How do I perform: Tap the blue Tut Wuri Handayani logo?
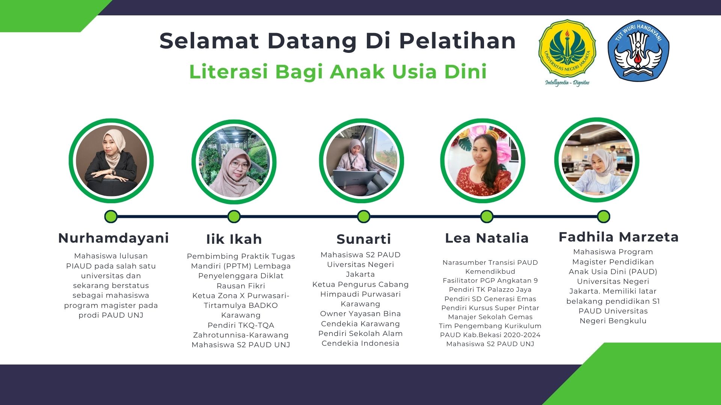(638, 51)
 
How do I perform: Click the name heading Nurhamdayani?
(113, 238)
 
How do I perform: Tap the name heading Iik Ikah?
(234, 239)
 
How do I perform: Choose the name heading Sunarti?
(364, 239)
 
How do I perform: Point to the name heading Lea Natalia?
(487, 238)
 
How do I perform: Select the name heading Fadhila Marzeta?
(618, 237)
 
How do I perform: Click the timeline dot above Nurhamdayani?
(111, 216)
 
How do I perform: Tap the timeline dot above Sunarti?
(364, 216)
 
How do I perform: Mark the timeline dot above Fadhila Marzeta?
(603, 216)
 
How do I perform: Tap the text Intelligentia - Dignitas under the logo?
(567, 82)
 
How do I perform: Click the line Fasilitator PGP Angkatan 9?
(490, 280)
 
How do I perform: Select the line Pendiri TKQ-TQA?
(241, 325)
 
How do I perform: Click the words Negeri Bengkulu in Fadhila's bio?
(613, 321)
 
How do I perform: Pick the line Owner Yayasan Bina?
(360, 313)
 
